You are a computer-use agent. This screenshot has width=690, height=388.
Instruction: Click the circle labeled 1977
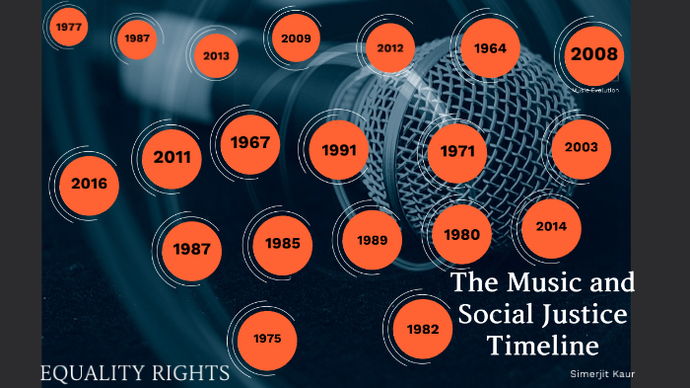click(69, 27)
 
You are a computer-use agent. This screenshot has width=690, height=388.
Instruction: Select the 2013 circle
click(216, 55)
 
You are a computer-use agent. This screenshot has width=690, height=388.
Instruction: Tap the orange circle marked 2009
click(296, 39)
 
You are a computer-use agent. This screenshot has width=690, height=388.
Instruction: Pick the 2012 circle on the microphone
click(390, 47)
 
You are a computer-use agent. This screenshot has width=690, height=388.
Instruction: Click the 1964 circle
click(490, 47)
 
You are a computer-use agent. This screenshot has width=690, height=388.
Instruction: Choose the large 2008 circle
click(593, 54)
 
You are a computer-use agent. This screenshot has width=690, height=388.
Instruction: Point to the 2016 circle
click(89, 184)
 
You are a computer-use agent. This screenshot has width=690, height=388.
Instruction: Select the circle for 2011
click(172, 156)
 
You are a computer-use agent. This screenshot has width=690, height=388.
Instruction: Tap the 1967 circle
click(250, 142)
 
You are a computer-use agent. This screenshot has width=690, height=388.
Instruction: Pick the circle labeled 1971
click(457, 152)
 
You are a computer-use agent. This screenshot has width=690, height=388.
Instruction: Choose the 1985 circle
click(282, 243)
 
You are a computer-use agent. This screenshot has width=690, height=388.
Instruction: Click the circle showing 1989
click(372, 240)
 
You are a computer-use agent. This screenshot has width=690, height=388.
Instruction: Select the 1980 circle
click(461, 235)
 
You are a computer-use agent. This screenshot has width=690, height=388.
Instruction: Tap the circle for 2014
click(551, 226)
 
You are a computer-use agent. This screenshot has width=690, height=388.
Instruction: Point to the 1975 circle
click(266, 339)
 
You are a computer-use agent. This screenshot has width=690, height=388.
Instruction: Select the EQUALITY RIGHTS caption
click(135, 372)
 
